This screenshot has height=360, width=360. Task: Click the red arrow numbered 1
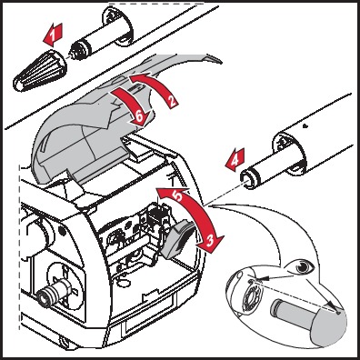coord(54,35)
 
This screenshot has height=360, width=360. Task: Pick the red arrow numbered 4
coord(235,160)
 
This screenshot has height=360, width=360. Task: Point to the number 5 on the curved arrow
coord(178,195)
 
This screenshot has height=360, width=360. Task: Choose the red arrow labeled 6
coord(131,106)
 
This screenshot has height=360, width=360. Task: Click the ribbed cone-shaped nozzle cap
coord(39,71)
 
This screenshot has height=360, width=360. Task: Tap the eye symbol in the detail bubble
coord(301,267)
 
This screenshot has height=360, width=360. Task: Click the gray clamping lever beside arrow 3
coord(176,239)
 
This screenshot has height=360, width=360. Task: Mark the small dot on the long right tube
coord(305,125)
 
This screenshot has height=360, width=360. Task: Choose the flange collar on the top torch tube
coord(119,26)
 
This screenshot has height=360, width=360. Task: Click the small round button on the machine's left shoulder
coord(63,230)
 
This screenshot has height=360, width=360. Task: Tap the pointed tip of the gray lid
coord(221,62)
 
